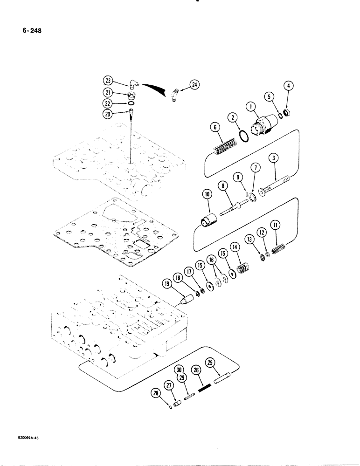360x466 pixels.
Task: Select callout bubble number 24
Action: [x=194, y=85]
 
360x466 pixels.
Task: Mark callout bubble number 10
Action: [x=206, y=194]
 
